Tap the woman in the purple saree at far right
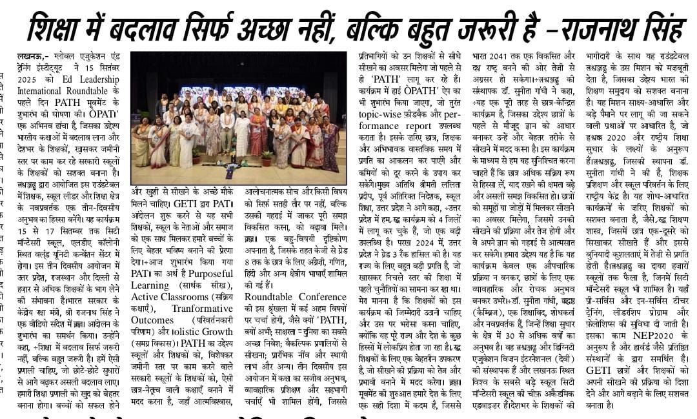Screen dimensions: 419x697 click(x=330, y=145)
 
